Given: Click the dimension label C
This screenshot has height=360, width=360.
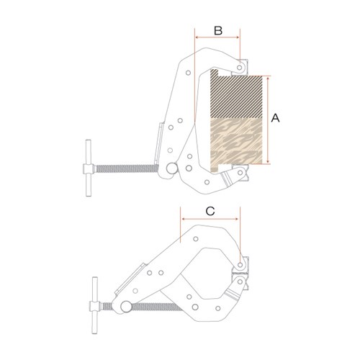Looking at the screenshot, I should click(210, 212).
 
